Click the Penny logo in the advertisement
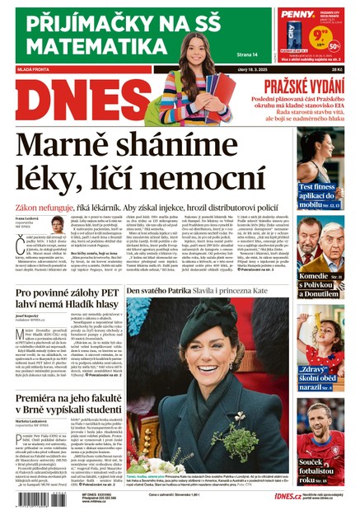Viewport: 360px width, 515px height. (x=297, y=13)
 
